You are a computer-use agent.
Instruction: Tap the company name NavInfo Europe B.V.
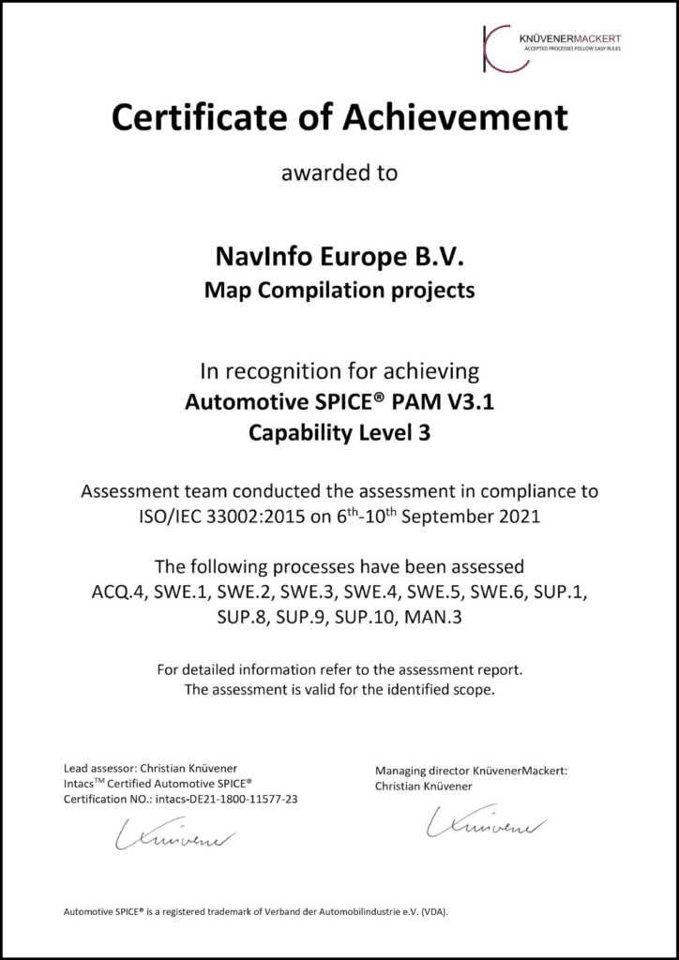[339, 256]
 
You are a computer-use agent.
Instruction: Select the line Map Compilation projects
[339, 290]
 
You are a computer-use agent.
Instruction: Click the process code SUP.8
[223, 620]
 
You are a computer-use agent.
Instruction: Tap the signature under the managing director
[485, 826]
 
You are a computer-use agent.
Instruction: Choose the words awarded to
[339, 172]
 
